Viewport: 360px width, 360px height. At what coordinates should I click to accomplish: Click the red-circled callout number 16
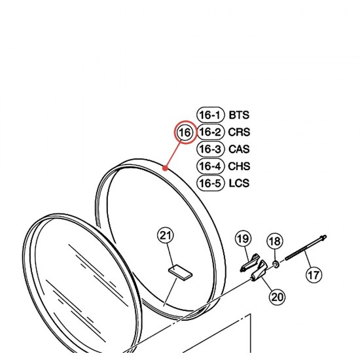point(185,132)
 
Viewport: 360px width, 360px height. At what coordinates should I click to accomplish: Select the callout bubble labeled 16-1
point(210,115)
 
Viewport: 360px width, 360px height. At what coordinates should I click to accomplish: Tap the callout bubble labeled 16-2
point(210,132)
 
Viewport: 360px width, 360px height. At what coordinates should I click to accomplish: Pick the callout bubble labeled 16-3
point(210,149)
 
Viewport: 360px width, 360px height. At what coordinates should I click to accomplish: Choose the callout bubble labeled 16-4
point(210,166)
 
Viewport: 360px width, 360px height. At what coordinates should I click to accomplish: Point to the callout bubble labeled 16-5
point(210,183)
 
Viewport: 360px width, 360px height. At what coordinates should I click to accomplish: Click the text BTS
point(239,115)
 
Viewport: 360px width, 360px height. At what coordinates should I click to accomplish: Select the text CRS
point(239,132)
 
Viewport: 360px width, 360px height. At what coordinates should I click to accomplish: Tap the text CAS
point(239,149)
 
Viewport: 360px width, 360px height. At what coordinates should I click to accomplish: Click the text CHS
point(239,166)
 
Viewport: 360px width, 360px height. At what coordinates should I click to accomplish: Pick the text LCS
point(239,183)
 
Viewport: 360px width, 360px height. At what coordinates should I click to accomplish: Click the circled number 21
point(166,236)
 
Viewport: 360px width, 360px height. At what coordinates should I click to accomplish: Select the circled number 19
point(243,239)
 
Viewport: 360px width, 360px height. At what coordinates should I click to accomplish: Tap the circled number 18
point(275,242)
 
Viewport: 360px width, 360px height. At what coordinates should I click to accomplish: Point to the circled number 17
point(314,275)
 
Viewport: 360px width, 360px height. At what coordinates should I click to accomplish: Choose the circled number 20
point(278,297)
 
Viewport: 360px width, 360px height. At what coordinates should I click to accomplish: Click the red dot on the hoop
point(166,168)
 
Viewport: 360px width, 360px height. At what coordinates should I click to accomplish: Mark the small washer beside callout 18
point(276,264)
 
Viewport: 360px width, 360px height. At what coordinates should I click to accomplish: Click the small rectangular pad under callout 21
point(181,272)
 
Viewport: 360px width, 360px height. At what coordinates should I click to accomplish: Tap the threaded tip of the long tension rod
point(324,236)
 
